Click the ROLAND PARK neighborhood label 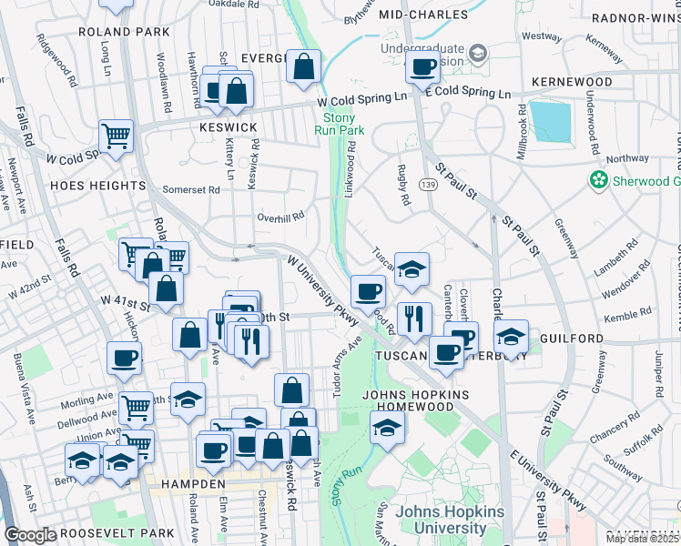137,32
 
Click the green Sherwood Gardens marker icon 598,180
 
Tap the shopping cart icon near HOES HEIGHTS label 116,137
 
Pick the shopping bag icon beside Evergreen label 304,66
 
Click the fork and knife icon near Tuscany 414,318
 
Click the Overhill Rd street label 280,217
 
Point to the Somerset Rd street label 191,190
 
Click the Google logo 30,535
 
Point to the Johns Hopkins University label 450,520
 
